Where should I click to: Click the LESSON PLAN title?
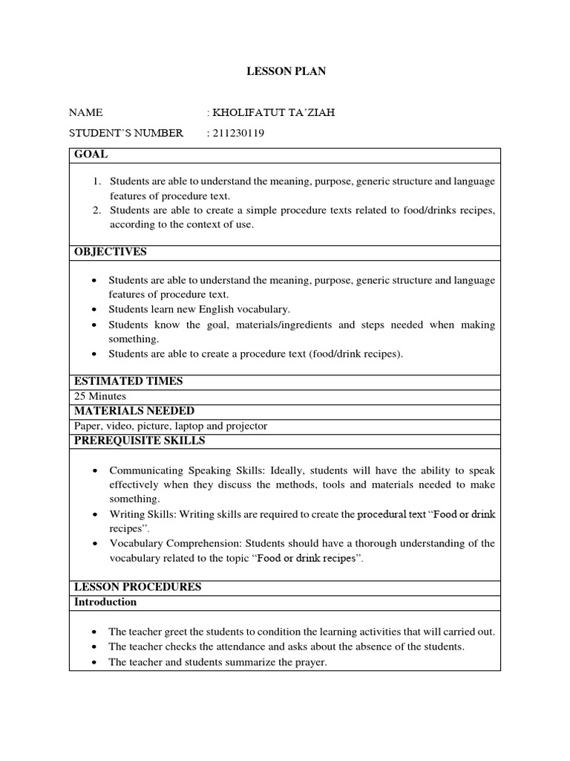pyautogui.click(x=286, y=71)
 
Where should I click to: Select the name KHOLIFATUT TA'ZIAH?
pyautogui.click(x=268, y=113)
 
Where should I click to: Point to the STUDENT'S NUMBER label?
pyautogui.click(x=125, y=134)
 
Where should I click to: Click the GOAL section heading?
pyautogui.click(x=91, y=155)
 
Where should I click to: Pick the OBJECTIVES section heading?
pyautogui.click(x=111, y=252)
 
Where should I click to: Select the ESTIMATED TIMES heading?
pyautogui.click(x=128, y=381)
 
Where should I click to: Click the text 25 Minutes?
pyautogui.click(x=100, y=396)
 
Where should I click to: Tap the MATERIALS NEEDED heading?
pyautogui.click(x=134, y=411)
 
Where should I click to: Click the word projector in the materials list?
pyautogui.click(x=246, y=426)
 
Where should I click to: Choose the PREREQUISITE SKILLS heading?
pyautogui.click(x=140, y=441)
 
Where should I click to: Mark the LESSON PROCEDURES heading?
pyautogui.click(x=138, y=587)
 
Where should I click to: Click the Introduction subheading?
pyautogui.click(x=105, y=602)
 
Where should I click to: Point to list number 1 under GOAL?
pyautogui.click(x=96, y=182)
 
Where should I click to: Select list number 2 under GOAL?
pyautogui.click(x=96, y=210)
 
